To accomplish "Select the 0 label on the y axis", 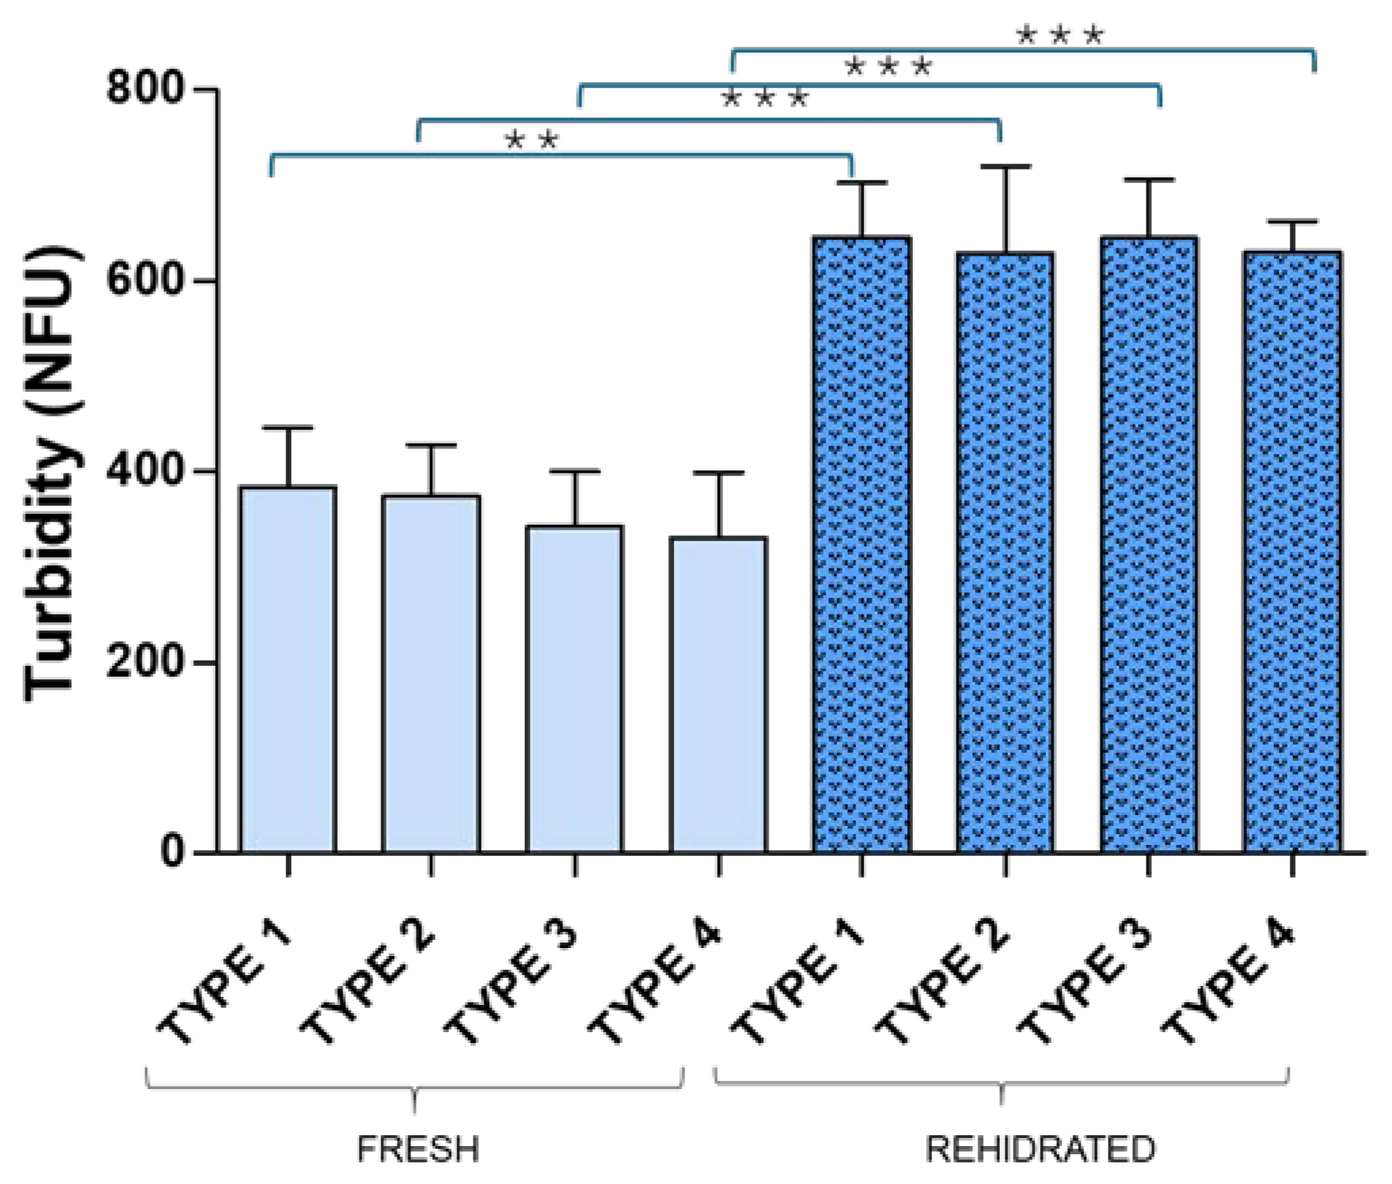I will click(173, 852).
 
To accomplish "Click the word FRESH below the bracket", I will click(418, 1149).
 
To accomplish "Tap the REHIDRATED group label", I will click(1040, 1149).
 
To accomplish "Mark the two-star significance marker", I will click(532, 141).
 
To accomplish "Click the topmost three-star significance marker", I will click(1060, 35).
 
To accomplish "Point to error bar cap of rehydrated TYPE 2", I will click(1005, 166).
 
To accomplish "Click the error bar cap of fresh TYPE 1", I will click(288, 428).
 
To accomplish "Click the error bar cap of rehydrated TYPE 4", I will click(1292, 222).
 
